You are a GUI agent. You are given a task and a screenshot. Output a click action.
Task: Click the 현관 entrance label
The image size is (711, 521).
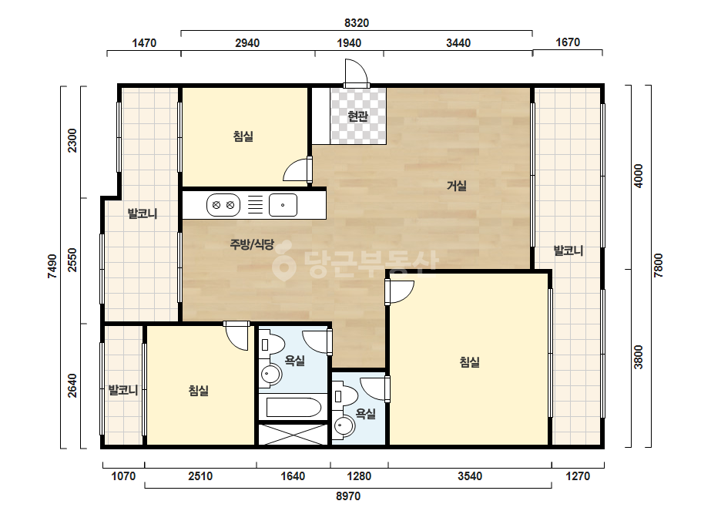tap(357, 116)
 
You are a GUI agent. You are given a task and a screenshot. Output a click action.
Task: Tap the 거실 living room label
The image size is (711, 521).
tap(457, 186)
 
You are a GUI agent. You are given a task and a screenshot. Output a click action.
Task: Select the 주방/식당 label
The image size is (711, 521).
tap(252, 244)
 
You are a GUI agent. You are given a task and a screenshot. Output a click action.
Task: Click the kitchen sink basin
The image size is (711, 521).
tap(283, 205)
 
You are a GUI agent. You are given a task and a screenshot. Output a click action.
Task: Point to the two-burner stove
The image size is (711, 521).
tap(223, 205)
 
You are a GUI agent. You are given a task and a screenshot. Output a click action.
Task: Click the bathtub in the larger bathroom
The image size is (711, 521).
tap(293, 407)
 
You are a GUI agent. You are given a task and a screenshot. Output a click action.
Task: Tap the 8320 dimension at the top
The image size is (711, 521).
tap(357, 22)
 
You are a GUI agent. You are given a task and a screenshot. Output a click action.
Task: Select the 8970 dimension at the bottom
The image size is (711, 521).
tap(348, 496)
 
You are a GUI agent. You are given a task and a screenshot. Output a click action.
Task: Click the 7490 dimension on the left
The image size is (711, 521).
tap(52, 266)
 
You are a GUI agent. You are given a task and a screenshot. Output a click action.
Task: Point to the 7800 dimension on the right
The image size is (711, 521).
tap(659, 265)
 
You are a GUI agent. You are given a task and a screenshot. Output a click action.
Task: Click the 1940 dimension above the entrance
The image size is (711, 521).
tap(349, 43)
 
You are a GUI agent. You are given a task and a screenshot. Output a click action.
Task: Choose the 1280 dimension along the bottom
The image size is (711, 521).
tap(359, 476)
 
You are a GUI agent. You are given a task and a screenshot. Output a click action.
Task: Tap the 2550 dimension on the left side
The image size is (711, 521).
tap(72, 260)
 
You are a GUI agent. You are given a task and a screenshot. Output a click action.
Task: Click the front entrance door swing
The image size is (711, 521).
tap(357, 72)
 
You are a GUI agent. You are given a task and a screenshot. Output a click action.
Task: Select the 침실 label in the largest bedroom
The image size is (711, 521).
tap(470, 362)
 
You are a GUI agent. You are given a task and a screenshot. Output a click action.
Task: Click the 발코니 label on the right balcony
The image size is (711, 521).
tap(568, 250)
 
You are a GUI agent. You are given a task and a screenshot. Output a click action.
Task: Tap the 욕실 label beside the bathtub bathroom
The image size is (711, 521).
tap(295, 361)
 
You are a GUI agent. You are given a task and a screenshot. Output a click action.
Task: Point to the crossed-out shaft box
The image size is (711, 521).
tap(293, 435)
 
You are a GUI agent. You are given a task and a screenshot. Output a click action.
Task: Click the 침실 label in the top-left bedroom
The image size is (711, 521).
tap(243, 136)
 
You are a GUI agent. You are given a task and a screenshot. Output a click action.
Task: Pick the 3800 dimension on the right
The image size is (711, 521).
tap(639, 357)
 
